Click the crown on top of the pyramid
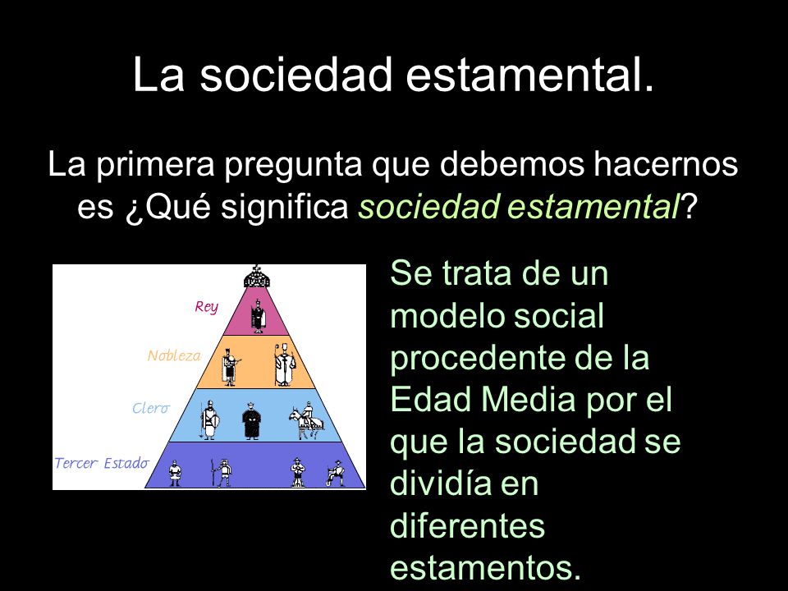click(257, 277)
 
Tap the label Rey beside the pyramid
click(207, 307)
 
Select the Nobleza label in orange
click(174, 355)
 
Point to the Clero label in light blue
click(151, 408)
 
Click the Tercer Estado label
click(102, 463)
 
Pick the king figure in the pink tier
click(258, 315)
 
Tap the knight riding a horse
click(306, 421)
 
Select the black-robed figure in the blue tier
click(251, 421)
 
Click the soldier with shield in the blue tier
click(208, 421)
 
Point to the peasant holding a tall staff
click(221, 473)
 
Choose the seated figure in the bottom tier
click(336, 473)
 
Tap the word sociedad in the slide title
click(295, 74)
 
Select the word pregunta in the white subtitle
click(293, 165)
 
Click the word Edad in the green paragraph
click(432, 400)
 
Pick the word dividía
click(438, 483)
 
